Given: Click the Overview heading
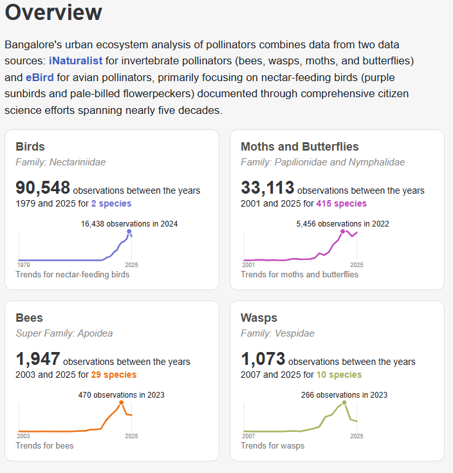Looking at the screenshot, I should click(x=53, y=13).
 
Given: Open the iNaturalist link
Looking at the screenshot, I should click(x=75, y=61).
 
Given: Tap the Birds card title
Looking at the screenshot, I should click(x=30, y=147).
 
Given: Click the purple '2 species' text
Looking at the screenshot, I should click(x=111, y=203).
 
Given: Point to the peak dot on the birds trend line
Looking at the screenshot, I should click(x=129, y=232).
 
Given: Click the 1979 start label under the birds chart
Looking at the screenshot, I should click(x=23, y=264).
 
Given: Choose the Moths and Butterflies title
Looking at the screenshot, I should click(x=299, y=147).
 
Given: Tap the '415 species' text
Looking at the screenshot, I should click(x=341, y=203).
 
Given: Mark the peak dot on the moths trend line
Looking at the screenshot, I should click(x=342, y=231).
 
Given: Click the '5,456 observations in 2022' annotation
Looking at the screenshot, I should click(x=342, y=224).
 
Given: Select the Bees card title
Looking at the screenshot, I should click(x=30, y=318).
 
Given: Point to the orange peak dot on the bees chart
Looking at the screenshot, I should click(x=121, y=402).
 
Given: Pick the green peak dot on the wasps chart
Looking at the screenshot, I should click(x=344, y=403).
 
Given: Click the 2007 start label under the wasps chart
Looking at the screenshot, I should click(x=248, y=436).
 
